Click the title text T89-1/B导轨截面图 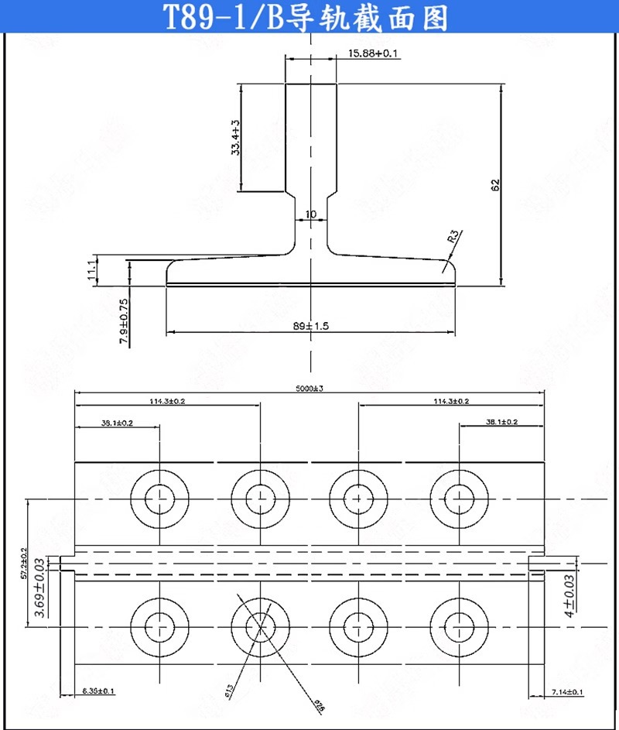[307, 17]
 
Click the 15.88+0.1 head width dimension [373, 53]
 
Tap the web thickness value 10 [311, 214]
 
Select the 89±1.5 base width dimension [311, 327]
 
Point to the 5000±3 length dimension [309, 389]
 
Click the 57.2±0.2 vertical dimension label [23, 563]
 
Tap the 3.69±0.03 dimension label [39, 594]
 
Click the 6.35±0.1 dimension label [98, 691]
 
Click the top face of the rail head [311, 83]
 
